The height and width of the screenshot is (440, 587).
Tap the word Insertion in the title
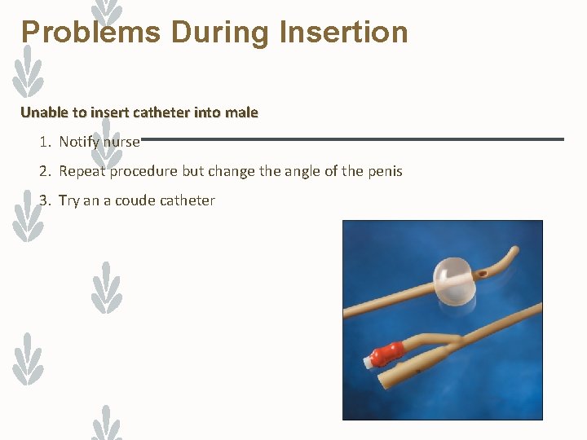[343, 33]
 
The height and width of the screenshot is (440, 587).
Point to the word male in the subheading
[241, 112]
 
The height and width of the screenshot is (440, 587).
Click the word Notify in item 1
[79, 143]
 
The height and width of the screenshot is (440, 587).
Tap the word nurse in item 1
[121, 143]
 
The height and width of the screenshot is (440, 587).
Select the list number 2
[43, 172]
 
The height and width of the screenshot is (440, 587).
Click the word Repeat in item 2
[82, 172]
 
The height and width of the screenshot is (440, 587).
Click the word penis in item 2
[383, 172]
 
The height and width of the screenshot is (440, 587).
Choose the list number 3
[43, 200]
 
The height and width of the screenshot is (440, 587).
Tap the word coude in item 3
[135, 200]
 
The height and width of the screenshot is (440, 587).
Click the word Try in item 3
[69, 200]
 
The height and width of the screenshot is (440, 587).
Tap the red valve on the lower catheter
[388, 354]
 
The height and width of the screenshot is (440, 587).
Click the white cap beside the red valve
[367, 360]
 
